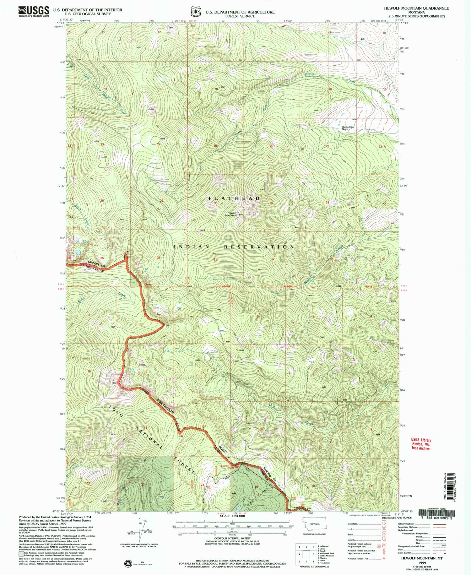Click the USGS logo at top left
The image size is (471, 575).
34,11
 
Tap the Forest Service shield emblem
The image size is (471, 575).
196,12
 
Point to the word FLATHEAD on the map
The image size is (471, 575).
235,198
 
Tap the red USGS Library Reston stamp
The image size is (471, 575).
421,444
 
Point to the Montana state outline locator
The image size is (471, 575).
314,523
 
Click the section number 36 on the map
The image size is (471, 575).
159,258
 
